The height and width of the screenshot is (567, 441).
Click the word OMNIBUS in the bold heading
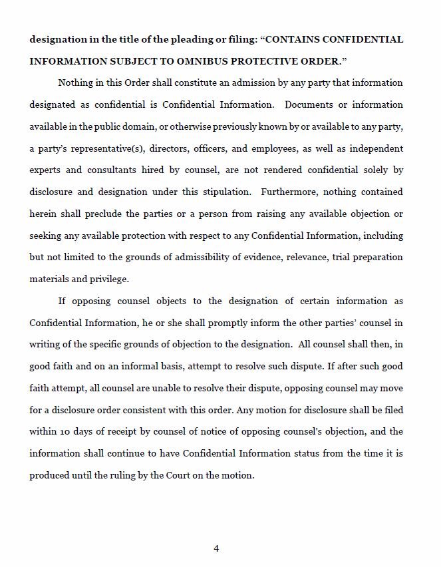pos(224,61)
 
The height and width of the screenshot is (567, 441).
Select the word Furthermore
pos(289,192)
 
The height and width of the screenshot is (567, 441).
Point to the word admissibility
pos(218,258)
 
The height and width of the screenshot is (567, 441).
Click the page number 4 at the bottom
pos(216,548)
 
